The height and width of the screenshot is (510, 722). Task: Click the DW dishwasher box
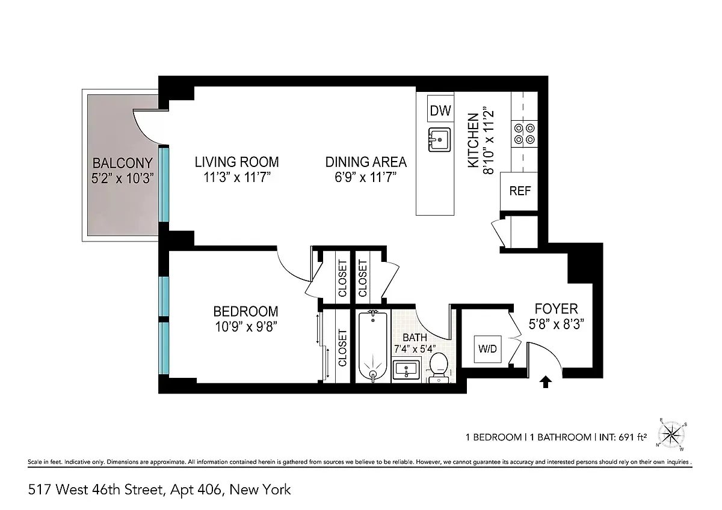(440, 110)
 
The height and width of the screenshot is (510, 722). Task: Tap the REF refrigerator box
(520, 191)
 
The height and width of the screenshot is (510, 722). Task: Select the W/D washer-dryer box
(487, 349)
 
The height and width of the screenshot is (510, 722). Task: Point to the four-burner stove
(522, 133)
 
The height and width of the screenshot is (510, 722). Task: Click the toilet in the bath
(439, 366)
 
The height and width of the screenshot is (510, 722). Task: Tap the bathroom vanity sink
(408, 369)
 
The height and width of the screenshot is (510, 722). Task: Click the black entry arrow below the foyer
(546, 381)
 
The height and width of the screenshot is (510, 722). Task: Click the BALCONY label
(122, 163)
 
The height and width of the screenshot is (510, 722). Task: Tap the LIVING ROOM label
(236, 162)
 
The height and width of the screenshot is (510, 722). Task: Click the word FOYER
(556, 309)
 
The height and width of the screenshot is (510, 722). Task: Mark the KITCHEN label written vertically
(474, 141)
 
